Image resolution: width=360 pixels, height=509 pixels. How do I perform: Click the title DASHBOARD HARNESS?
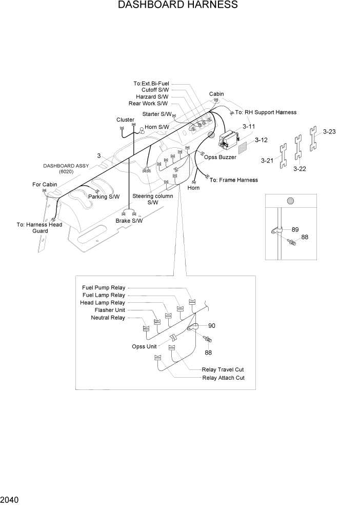177,5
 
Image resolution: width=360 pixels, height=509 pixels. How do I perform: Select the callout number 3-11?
249,127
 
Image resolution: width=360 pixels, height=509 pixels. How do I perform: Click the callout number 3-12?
261,140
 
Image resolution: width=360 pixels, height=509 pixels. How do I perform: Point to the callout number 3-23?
329,132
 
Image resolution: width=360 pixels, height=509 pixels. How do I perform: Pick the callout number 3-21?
267,161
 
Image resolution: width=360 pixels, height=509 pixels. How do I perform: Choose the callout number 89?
295,229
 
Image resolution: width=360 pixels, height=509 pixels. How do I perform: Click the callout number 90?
211,325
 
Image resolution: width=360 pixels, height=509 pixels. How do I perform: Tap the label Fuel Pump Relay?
104,288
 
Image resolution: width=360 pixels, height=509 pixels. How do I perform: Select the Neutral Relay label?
108,318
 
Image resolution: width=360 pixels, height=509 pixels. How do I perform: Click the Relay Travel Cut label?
223,369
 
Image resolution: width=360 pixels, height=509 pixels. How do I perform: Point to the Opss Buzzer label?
220,158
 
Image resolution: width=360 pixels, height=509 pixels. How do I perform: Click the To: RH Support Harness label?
266,112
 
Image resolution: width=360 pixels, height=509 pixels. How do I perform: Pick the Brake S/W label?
129,221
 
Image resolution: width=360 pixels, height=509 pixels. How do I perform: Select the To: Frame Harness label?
234,180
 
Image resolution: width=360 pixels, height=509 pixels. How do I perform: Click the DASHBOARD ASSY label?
66,166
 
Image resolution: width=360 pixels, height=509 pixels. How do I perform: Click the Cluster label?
125,120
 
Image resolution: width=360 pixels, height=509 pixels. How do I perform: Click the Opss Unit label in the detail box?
144,346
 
